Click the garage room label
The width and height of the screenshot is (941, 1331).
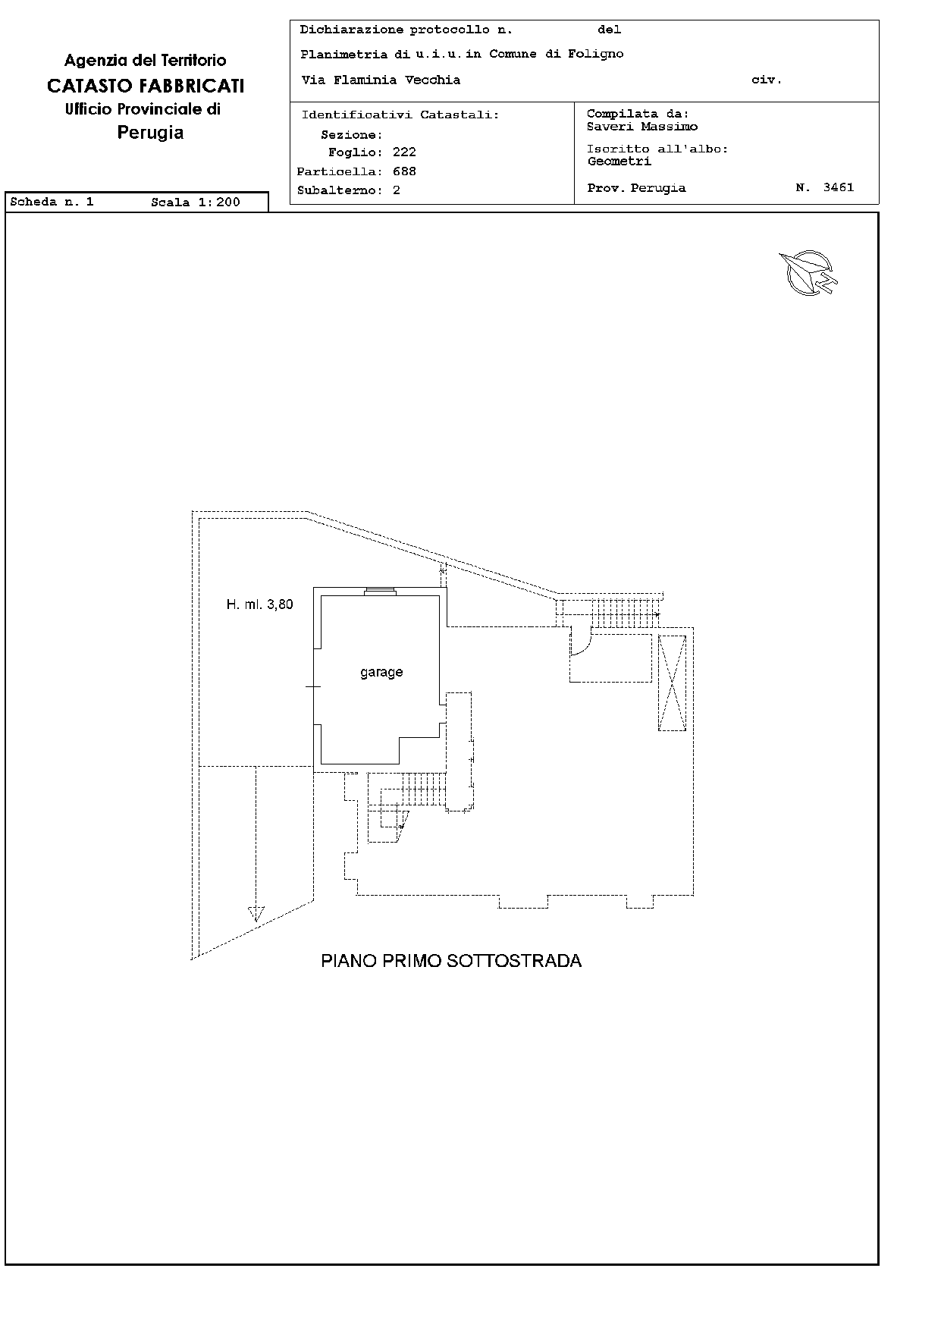coord(381,673)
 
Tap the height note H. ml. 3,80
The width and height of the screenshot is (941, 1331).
coord(259,604)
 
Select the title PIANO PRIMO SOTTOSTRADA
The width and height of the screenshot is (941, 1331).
coord(451,961)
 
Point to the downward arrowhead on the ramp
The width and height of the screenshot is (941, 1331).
coord(256,914)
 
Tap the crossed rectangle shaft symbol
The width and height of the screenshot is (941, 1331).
coord(672,683)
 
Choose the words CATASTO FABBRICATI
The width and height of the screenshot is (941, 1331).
coord(146,86)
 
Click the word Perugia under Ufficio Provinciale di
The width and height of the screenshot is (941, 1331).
coord(150,133)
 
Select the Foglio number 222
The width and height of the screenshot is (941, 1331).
coord(404,152)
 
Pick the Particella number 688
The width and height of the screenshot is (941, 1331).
coord(404,171)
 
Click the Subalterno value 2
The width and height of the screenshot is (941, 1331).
coord(397,190)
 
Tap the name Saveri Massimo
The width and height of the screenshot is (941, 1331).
coord(642,127)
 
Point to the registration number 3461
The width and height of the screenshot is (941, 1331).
coord(839,187)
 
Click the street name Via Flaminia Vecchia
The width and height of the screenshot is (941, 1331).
coord(381,80)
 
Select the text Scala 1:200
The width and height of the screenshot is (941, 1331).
coord(196,202)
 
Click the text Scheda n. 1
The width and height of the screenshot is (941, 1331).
coord(52,202)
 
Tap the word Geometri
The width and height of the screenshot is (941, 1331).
coord(619,161)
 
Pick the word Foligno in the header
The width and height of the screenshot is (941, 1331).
coord(596,54)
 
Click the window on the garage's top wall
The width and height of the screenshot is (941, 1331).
coord(379,592)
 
